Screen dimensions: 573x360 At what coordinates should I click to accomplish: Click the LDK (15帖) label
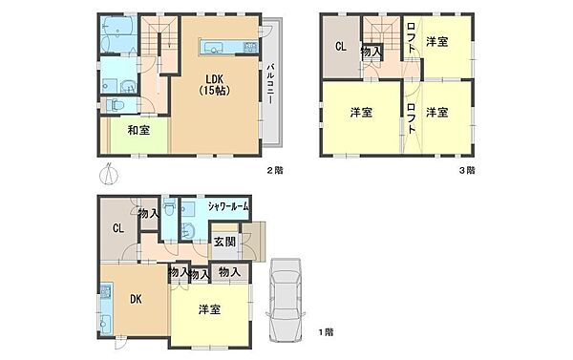pos(215,85)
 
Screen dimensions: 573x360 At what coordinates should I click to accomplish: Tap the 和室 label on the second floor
pos(138,130)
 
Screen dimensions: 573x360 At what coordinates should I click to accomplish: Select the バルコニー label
pos(271,84)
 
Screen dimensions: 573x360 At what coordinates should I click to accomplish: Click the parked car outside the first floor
pos(286,301)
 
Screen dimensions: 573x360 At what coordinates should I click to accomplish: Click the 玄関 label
pos(224,242)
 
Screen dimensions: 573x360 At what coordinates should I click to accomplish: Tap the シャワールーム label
pos(228,206)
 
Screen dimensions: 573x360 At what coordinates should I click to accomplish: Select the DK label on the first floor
pos(136,299)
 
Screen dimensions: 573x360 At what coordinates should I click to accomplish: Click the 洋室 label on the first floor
pos(209,310)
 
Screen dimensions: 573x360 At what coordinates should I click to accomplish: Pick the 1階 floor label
pos(326,332)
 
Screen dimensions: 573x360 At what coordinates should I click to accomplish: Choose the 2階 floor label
pos(275,170)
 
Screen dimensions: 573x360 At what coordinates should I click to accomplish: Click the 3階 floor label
pos(467,170)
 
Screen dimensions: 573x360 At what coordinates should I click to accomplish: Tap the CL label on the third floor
pos(341,47)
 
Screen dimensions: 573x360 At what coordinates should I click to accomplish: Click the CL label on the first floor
pos(118,229)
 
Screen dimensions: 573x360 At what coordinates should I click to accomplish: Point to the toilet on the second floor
pos(116,105)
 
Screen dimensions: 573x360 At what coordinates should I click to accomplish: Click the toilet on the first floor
pos(169,208)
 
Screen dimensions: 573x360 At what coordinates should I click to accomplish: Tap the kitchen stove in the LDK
pos(250,47)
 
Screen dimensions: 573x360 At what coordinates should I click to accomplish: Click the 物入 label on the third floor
pos(371,52)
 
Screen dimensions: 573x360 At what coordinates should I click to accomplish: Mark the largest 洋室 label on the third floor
pos(361,113)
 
